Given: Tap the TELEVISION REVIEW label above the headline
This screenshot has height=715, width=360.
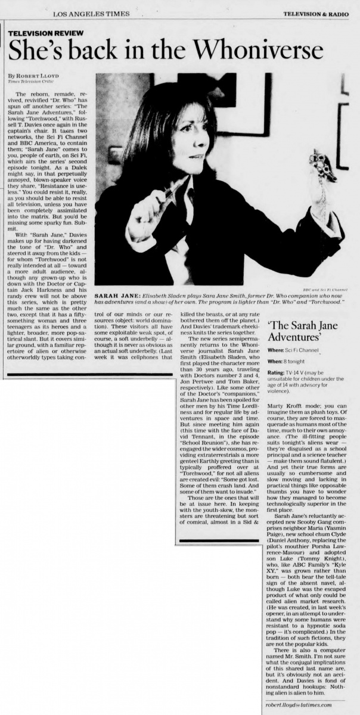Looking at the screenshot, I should click(46, 33).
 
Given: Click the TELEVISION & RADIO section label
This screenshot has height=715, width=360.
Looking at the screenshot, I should click(316, 13).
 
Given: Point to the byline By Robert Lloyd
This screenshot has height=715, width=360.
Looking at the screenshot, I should click(33, 76).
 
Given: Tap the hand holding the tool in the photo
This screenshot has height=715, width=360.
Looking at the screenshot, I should click(147, 210).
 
